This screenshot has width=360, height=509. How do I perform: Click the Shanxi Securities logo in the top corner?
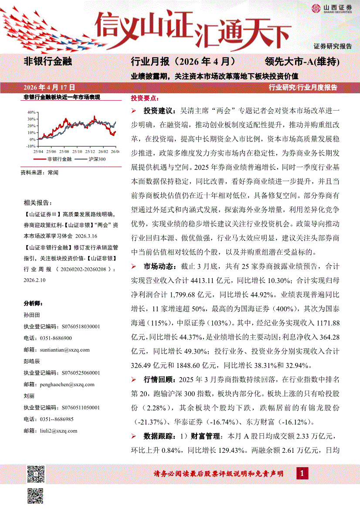(x=331, y=9)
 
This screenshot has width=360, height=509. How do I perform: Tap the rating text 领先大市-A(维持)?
(x=301, y=61)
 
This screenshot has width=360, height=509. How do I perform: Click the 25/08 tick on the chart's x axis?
(x=64, y=151)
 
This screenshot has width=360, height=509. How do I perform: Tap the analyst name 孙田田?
(x=31, y=314)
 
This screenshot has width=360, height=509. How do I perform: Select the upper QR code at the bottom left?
(x=36, y=474)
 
